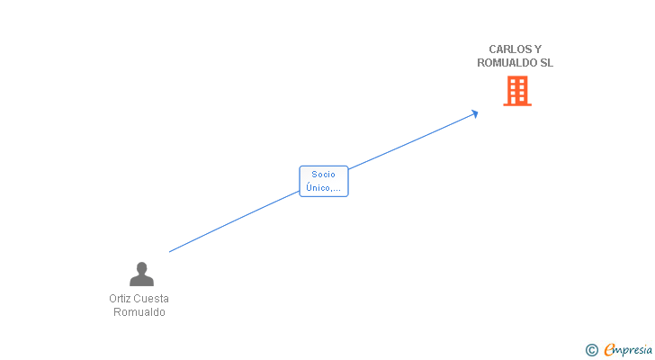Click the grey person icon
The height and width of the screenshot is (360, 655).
click(141, 274)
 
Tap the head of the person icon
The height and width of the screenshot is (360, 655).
click(141, 267)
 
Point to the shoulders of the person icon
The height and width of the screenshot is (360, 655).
click(141, 281)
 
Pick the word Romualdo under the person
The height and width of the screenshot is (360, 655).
click(139, 312)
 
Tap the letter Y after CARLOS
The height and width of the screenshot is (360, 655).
click(539, 49)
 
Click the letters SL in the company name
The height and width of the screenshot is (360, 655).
click(546, 63)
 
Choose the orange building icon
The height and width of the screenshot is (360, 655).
click(516, 91)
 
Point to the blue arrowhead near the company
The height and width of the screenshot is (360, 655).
click(474, 113)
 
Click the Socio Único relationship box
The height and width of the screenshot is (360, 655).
click(323, 181)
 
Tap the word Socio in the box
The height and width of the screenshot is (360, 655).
click(323, 175)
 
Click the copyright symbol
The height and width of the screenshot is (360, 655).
click(591, 350)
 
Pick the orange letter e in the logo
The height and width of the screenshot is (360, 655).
click(609, 350)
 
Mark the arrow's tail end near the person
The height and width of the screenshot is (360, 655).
click(171, 251)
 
